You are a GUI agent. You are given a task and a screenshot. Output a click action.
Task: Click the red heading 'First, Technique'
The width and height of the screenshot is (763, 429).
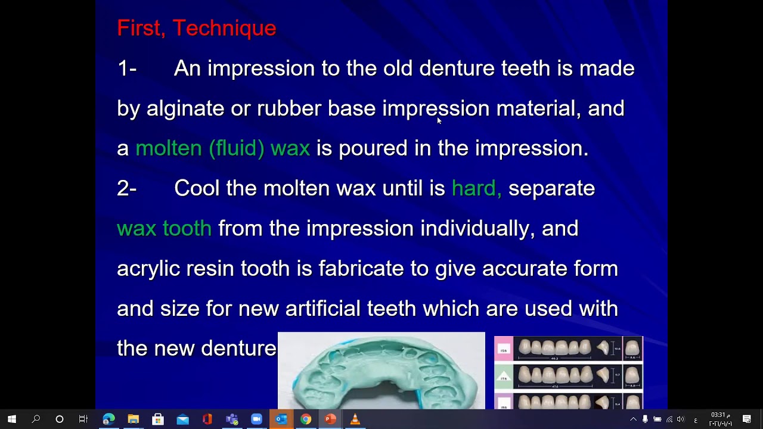click(x=196, y=28)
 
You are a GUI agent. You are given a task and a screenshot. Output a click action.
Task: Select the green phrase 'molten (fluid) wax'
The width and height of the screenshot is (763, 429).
click(x=223, y=148)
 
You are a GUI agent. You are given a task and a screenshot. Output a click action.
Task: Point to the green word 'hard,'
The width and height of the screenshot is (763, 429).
click(x=476, y=188)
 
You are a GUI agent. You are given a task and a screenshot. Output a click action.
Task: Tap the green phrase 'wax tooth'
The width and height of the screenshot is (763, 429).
click(x=164, y=228)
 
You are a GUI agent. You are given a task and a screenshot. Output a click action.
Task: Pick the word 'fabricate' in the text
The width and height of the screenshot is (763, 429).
click(x=361, y=268)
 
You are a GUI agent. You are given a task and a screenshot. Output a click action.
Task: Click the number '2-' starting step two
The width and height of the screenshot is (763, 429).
click(x=127, y=188)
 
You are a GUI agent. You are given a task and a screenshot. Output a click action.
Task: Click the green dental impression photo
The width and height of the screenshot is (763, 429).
click(x=381, y=371)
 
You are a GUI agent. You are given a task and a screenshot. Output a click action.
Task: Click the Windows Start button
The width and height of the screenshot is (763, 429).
click(x=11, y=419)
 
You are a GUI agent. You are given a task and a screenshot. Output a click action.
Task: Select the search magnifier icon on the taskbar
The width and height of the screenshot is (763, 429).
click(x=36, y=419)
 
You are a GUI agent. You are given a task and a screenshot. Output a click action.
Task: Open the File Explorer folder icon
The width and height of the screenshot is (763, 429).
click(x=133, y=419)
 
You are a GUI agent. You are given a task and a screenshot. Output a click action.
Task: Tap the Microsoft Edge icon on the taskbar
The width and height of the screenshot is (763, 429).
click(x=108, y=419)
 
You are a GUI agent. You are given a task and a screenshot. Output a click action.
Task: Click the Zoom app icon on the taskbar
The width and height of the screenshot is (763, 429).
click(x=256, y=419)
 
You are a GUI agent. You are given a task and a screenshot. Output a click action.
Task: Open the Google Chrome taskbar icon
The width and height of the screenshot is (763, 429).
click(x=305, y=419)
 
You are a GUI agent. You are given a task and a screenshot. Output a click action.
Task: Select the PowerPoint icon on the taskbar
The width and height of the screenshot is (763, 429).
click(x=330, y=419)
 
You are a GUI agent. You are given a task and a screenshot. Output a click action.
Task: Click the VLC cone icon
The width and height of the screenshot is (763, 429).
click(x=355, y=419)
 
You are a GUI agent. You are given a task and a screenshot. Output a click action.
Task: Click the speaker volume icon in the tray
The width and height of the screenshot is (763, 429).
click(x=681, y=419)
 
